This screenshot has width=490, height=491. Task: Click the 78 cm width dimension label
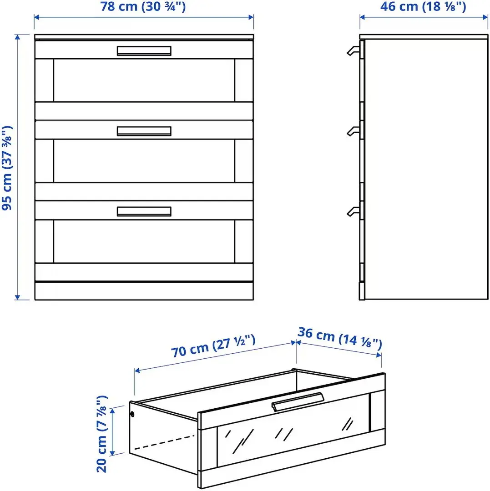144,7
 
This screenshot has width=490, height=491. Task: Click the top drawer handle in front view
144,51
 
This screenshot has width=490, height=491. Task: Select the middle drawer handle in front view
144,131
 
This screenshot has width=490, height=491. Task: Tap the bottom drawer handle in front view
144,211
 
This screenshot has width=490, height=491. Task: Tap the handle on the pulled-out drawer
298,401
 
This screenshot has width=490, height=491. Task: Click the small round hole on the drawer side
132,414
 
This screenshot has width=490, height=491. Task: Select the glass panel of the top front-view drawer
144,80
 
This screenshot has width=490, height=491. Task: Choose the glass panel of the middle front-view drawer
144,160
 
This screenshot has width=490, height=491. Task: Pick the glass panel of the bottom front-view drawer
144,241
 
